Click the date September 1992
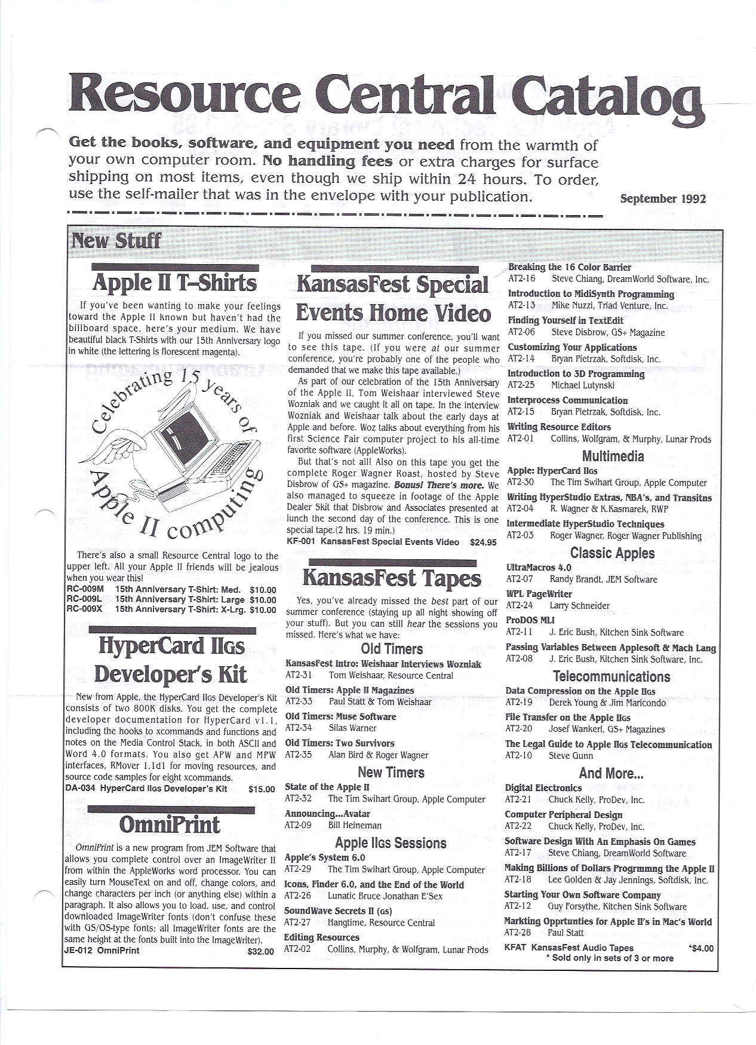[662, 198]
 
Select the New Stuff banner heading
[116, 241]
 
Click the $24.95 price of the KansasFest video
[483, 543]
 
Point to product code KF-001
[301, 543]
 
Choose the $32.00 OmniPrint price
[261, 951]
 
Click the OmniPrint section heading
[170, 825]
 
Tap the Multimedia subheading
[613, 456]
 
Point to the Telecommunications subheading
[611, 676]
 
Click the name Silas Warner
[352, 728]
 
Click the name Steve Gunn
[571, 756]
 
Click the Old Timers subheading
[392, 649]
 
